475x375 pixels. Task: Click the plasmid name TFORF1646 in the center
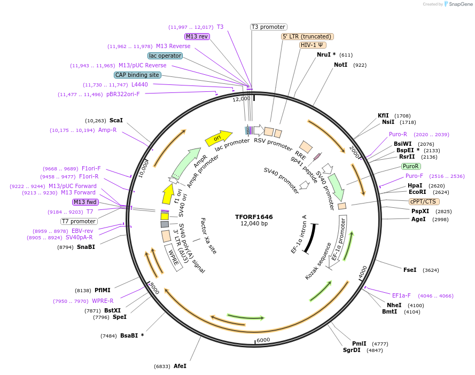click(x=254, y=217)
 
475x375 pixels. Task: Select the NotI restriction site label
click(x=340, y=65)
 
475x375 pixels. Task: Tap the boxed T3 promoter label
click(x=269, y=27)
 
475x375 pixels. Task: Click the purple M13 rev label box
click(x=197, y=36)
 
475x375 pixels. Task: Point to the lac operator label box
click(x=165, y=56)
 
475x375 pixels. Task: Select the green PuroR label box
click(x=411, y=166)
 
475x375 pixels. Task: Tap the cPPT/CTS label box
click(x=423, y=201)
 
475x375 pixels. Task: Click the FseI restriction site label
click(x=410, y=270)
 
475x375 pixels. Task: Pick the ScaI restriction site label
click(x=116, y=120)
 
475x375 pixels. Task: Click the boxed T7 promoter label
click(x=79, y=221)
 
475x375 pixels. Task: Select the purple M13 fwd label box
click(x=85, y=202)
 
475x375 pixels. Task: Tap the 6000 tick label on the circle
click(x=263, y=340)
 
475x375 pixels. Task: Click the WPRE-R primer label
click(x=103, y=301)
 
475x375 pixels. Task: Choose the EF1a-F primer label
click(x=401, y=295)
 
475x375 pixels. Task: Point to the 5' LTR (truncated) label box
click(x=307, y=36)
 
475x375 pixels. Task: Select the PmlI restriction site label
click(x=359, y=343)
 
